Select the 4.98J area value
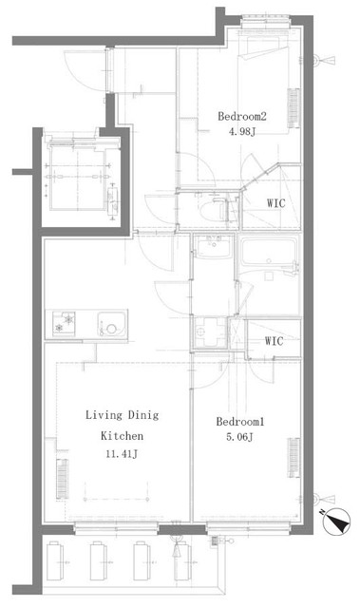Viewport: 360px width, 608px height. pos(239,133)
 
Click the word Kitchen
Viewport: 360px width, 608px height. pos(122,436)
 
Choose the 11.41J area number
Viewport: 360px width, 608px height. pos(122,455)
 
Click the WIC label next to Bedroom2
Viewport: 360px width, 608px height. pos(275,203)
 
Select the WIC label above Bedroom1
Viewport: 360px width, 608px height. pos(275,340)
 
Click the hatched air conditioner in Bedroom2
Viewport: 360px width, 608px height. pos(294,108)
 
